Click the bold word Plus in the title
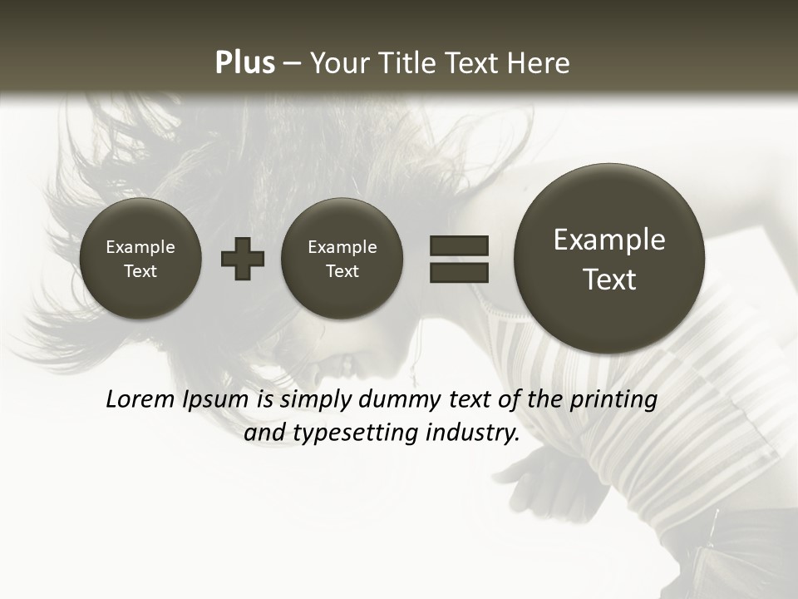tap(244, 63)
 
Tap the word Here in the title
tap(539, 63)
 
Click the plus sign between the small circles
tap(243, 258)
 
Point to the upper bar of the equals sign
tap(459, 245)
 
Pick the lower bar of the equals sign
tap(459, 272)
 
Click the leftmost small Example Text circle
tap(140, 258)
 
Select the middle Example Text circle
tap(342, 258)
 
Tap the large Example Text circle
tap(609, 259)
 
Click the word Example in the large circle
tap(609, 240)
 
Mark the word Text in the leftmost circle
tap(140, 271)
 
